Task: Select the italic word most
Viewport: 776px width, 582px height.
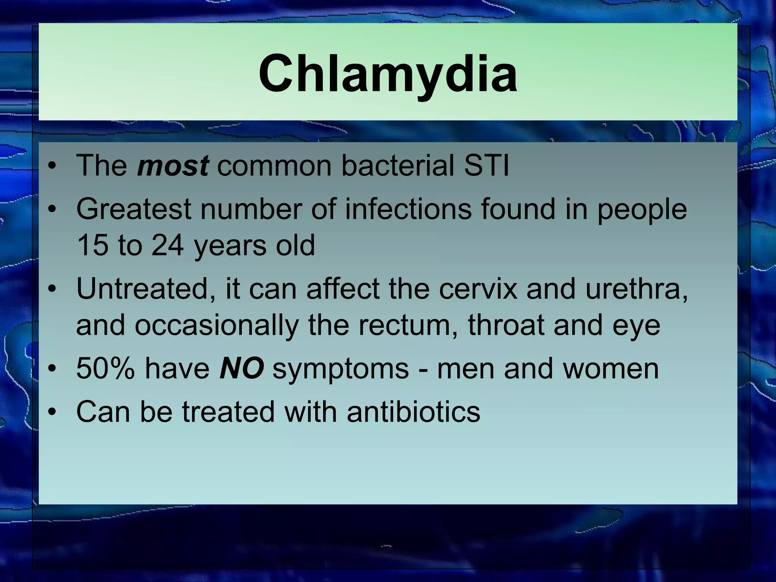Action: coord(172,166)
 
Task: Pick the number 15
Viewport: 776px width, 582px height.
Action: coord(91,245)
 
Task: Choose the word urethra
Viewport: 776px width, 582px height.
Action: coord(636,289)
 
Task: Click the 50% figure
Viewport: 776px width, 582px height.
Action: coord(105,368)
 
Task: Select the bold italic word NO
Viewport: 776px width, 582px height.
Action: coord(241,368)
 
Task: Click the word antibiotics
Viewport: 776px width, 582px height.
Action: coord(413,411)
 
